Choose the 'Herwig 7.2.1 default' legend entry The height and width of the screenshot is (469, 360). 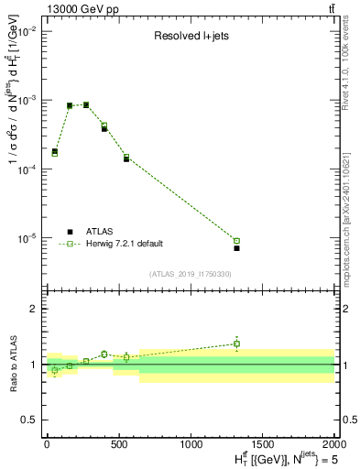[124, 244]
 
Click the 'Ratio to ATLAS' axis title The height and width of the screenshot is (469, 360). [13, 364]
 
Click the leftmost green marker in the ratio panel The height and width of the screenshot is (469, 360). [55, 370]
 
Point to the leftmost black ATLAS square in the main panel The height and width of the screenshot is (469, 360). [55, 151]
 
